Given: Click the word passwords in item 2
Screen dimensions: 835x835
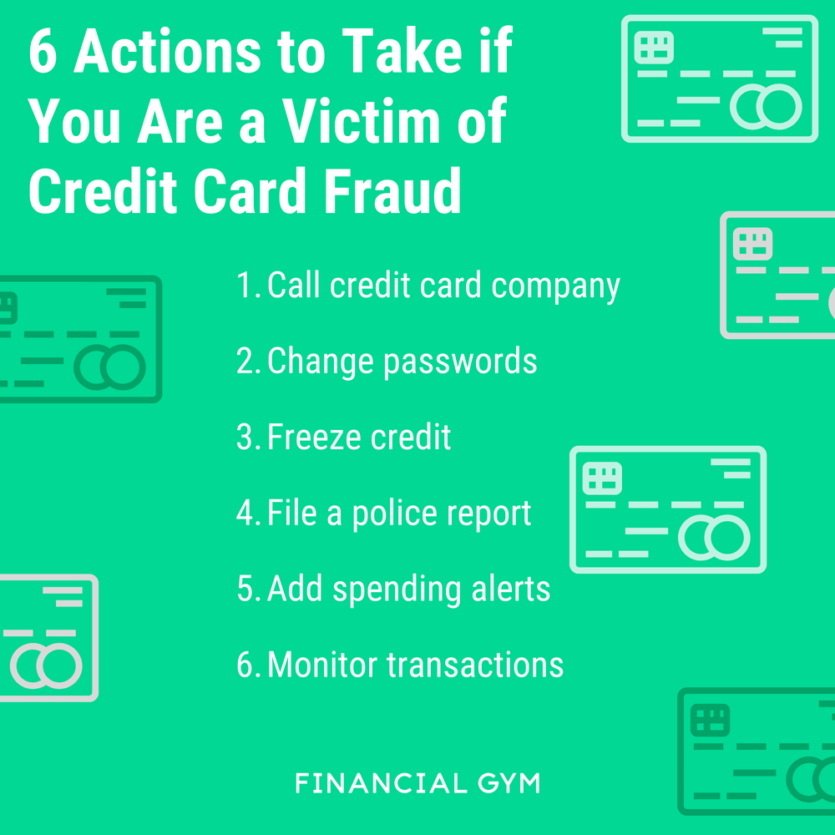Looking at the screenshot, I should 460,362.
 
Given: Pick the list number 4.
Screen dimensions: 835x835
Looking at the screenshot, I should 246,514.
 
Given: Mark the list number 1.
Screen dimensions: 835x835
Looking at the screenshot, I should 246,286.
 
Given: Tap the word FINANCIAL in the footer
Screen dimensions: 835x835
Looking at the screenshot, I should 381,784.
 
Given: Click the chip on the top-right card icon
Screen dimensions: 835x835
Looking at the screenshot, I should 654,47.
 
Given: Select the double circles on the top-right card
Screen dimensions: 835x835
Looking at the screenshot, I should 766,107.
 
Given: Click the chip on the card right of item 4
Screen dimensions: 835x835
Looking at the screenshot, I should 602,478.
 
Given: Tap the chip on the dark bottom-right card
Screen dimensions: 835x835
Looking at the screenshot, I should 711,720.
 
